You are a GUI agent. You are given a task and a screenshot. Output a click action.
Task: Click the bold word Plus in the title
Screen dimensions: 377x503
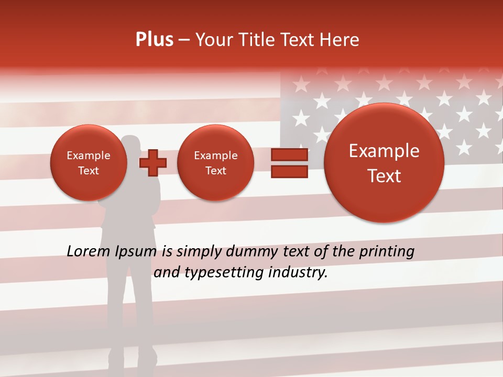154,40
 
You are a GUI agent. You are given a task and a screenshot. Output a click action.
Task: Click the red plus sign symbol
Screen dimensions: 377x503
153,162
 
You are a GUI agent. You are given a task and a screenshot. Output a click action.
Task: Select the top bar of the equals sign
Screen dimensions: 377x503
289,154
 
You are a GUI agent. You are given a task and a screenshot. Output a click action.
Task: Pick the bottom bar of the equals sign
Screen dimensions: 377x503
289,171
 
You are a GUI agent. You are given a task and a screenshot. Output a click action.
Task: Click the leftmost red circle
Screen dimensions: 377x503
89,163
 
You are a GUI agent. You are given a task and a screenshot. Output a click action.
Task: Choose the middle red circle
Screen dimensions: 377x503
215,163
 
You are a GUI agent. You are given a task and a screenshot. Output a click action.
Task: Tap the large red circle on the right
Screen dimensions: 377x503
384,163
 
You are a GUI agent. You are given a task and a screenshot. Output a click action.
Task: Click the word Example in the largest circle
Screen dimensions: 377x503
384,151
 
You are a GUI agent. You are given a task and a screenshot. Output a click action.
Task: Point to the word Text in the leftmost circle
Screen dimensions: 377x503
89,171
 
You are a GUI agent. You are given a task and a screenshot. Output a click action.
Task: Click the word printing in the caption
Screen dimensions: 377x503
386,252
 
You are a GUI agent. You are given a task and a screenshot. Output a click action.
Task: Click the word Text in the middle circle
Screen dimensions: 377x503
215,171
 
